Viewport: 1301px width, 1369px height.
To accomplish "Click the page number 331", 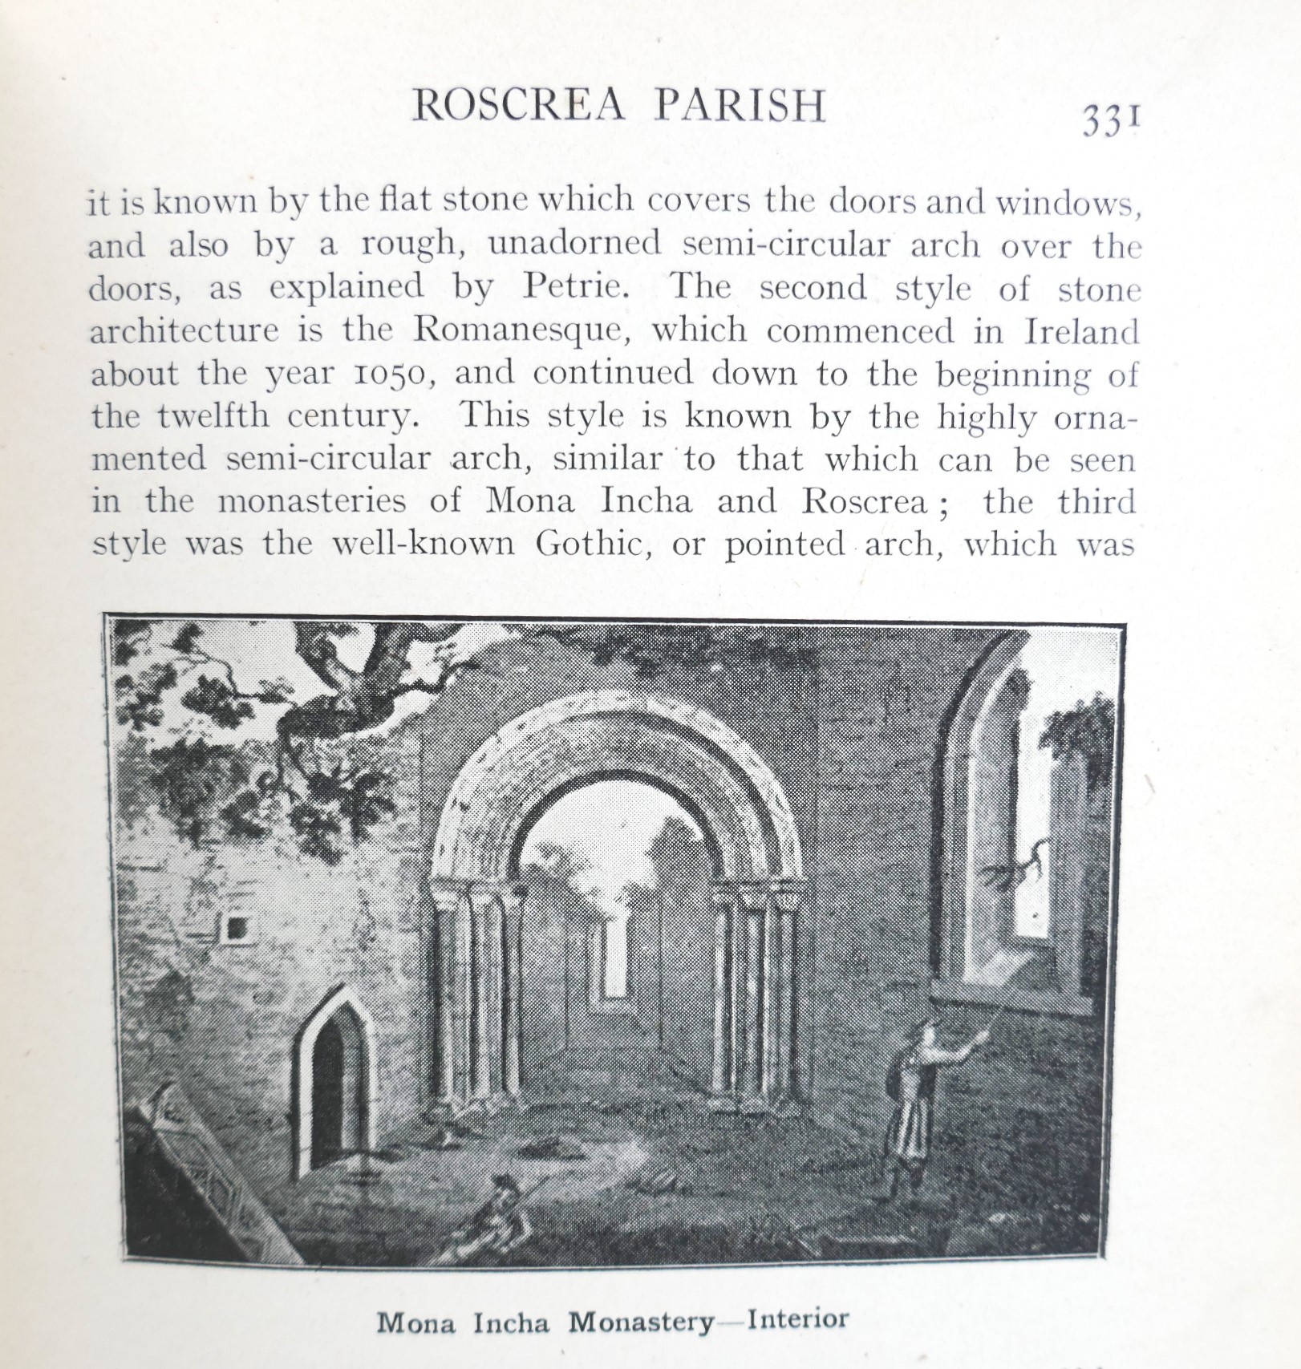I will [1110, 121].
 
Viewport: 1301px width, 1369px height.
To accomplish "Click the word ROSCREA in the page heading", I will [517, 105].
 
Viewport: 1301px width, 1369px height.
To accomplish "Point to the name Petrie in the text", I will [573, 286].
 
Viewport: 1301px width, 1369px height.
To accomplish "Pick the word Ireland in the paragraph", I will [1081, 331].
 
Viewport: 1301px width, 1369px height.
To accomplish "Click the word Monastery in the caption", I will [641, 1322].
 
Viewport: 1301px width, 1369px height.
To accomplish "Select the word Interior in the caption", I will [797, 1319].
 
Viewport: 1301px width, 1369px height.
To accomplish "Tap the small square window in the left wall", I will [236, 929].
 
